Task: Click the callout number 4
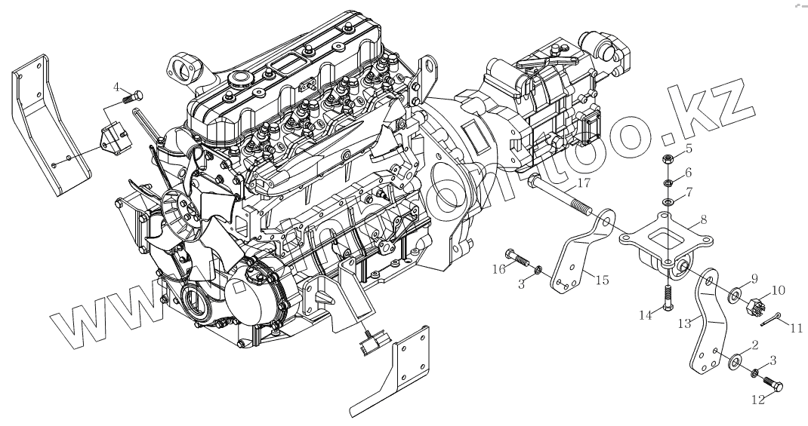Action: pos(116,86)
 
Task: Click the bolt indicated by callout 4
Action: pos(134,97)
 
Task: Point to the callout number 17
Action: pos(583,183)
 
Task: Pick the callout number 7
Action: pos(689,193)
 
